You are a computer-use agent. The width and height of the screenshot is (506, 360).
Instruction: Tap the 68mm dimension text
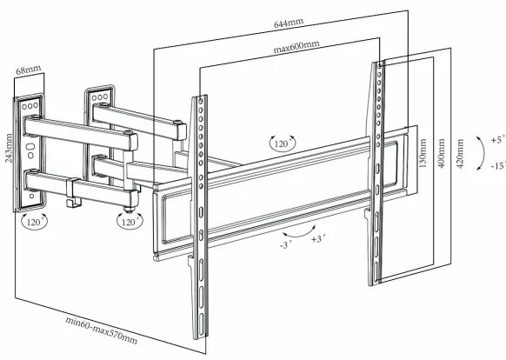click(x=29, y=68)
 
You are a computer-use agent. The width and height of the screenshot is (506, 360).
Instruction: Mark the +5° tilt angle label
click(x=496, y=138)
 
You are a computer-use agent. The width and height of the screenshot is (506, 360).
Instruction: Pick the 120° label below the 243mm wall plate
click(x=36, y=222)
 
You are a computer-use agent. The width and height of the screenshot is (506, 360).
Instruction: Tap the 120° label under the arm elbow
click(x=130, y=222)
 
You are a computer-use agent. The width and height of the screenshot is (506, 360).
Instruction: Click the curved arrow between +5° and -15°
click(x=480, y=152)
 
